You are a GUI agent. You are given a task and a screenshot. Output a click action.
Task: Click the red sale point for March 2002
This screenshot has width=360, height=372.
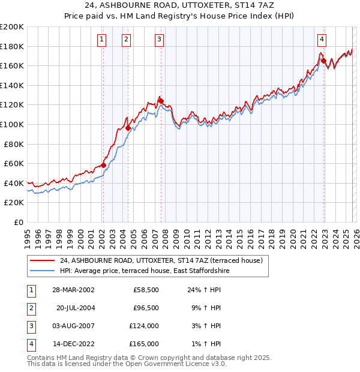click(103, 165)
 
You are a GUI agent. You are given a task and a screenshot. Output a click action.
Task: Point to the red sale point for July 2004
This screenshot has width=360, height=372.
click(128, 128)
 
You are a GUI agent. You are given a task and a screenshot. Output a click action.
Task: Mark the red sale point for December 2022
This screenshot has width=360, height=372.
click(323, 61)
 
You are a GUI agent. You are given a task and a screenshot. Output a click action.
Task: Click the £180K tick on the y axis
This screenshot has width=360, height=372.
click(13, 46)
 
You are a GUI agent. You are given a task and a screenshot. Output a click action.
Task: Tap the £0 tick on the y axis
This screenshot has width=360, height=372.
click(19, 222)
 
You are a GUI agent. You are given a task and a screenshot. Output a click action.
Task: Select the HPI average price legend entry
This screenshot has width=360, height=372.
click(144, 271)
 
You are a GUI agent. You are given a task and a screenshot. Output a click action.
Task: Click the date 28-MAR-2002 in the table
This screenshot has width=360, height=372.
click(73, 289)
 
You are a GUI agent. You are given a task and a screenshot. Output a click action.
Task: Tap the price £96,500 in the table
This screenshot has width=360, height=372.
click(146, 307)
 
